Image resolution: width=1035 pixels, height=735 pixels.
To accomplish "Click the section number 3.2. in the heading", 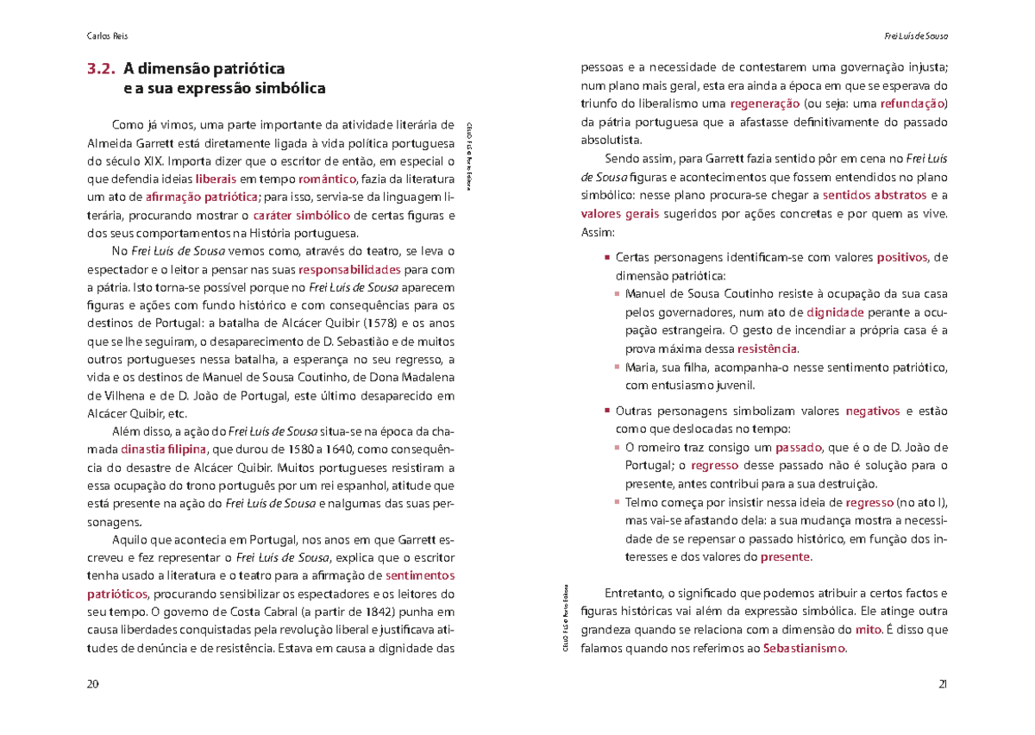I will (x=101, y=68).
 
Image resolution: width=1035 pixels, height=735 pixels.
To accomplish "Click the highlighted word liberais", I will (x=216, y=179).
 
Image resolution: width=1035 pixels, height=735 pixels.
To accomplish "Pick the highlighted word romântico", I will (x=327, y=179).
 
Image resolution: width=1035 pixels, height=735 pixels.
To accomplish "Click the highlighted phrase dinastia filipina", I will (x=164, y=449).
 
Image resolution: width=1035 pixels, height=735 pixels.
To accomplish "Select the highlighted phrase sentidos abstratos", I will (x=875, y=195).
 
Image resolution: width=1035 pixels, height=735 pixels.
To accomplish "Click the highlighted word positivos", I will (x=903, y=257).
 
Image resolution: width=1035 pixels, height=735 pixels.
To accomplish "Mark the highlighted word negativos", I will (x=872, y=411).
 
